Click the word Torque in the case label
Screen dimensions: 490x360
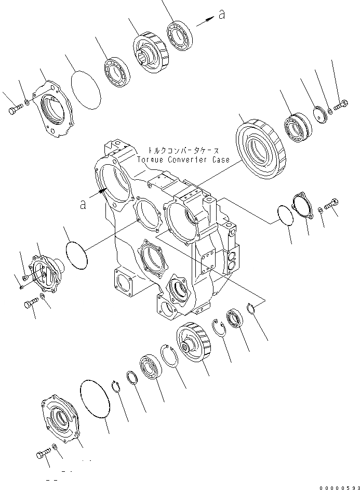[150, 160]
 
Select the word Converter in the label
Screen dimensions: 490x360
[186, 160]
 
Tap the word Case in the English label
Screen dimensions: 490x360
[219, 160]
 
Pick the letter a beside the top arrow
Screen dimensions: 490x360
[222, 15]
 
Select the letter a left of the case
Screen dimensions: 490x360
[83, 205]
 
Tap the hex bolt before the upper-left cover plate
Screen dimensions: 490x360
[15, 110]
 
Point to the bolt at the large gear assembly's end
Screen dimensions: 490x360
[340, 107]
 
